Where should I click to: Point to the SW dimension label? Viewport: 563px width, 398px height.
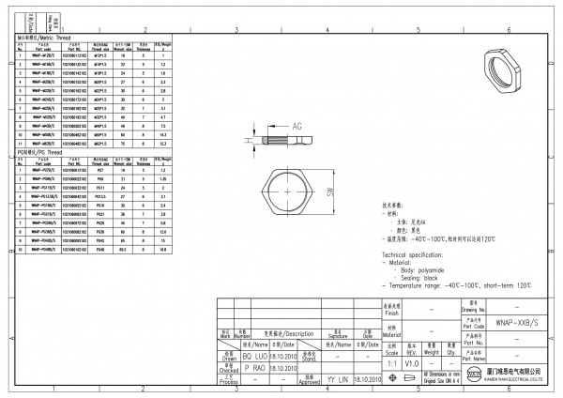332,191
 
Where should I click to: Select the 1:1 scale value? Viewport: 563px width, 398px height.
391,361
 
